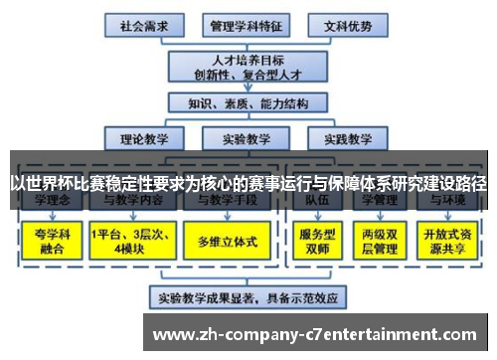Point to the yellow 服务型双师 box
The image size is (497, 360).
315,242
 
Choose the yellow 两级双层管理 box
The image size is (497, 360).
380,242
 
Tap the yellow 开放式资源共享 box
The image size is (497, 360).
447,242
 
